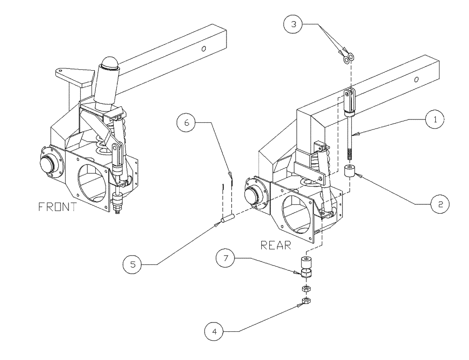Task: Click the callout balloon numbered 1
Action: point(434,120)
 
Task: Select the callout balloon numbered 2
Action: point(440,204)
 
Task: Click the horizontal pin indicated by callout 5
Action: point(228,218)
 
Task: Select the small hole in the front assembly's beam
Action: point(203,48)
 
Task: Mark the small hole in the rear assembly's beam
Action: point(416,80)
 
